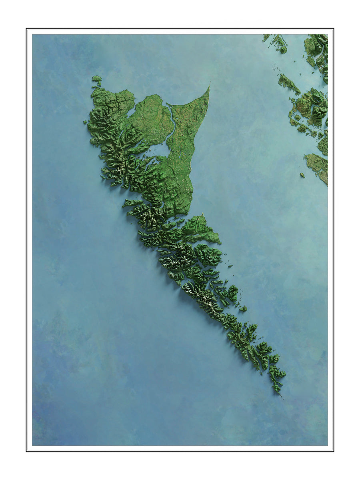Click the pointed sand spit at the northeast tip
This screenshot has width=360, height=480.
208,88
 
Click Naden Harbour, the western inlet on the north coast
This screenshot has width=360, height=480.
132,112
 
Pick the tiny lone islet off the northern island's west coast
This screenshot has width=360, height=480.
85,122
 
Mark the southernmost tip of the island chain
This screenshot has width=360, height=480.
280,394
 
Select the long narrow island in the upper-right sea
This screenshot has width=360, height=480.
288,83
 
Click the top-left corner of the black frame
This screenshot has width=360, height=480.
27,29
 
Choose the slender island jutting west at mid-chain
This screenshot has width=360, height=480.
132,203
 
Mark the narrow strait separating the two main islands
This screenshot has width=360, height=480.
168,208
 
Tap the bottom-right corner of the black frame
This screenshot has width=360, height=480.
333,451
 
